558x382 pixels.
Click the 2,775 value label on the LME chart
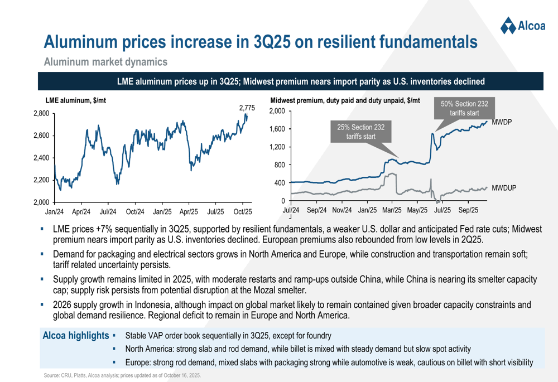(x=247, y=108)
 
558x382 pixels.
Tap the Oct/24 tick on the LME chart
(x=135, y=212)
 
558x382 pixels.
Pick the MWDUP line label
(x=504, y=190)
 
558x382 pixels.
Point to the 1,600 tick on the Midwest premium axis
(x=277, y=129)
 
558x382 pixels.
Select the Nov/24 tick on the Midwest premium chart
(x=342, y=210)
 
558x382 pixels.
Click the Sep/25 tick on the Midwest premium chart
(x=469, y=210)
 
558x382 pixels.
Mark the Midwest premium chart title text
(x=344, y=100)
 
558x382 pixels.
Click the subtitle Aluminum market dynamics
(x=105, y=61)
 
